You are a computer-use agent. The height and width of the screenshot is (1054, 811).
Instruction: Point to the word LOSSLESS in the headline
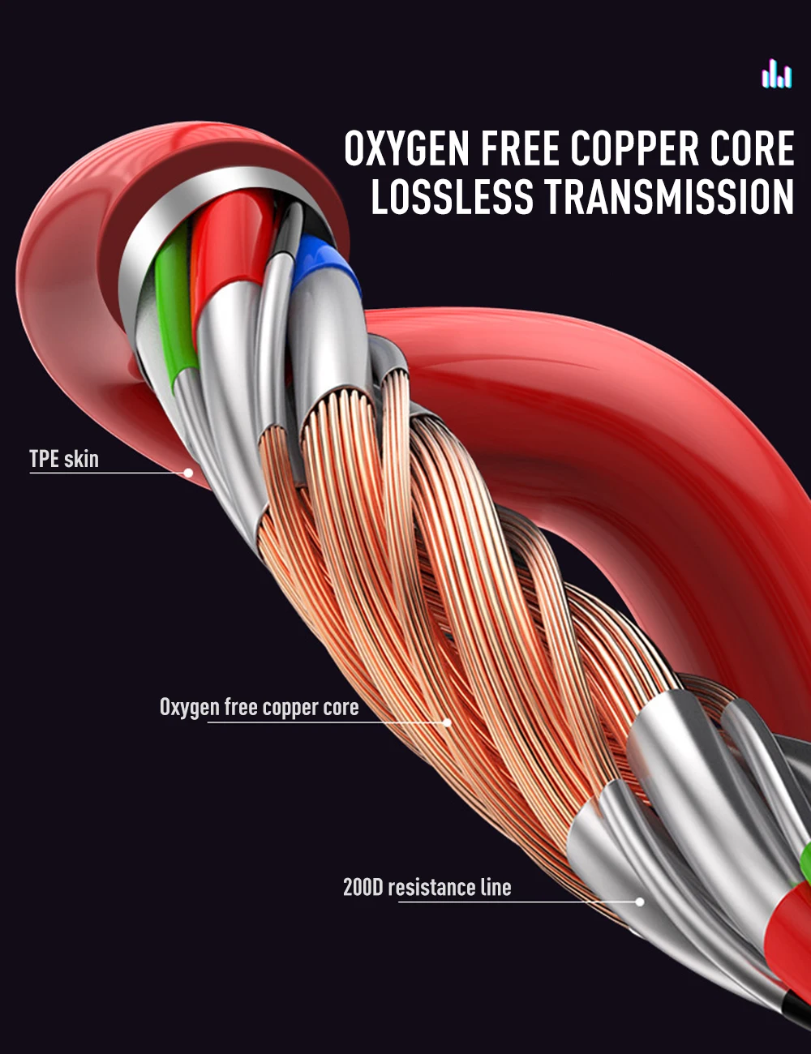452,197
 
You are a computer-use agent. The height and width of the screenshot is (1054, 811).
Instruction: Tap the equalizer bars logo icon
777,73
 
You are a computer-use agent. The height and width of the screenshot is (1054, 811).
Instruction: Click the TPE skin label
64,458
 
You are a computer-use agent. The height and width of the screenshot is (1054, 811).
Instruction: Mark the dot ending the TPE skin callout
188,473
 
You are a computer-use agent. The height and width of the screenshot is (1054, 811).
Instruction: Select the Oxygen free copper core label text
259,708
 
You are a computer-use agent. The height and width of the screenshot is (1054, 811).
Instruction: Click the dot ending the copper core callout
447,722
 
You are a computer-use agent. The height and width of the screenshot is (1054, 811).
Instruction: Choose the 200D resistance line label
427,887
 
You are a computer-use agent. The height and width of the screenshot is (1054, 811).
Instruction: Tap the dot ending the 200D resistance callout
640,902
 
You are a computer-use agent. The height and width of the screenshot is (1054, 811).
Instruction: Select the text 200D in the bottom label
363,887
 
